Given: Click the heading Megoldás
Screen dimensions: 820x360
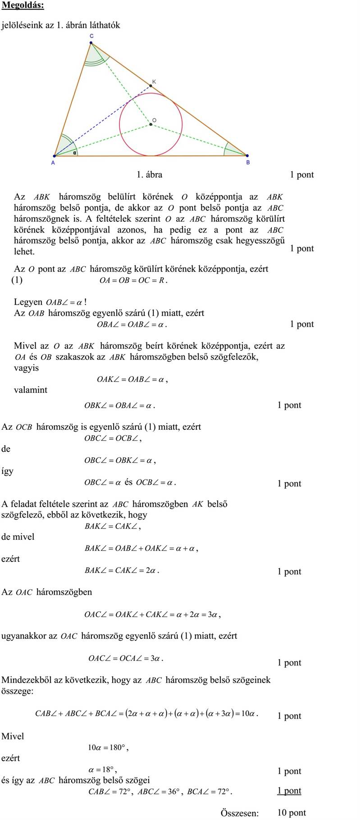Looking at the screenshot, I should pos(23,5).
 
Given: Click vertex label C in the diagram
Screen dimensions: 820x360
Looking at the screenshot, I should pos(91,36).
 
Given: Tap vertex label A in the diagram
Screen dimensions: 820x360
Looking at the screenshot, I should pos(53,163).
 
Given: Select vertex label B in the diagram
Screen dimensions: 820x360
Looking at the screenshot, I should pos(248,162).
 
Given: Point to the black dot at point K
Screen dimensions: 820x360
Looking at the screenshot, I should pos(151,86).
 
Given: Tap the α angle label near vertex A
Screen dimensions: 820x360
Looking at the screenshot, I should pos(74,152).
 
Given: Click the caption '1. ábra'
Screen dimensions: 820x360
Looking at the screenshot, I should pos(149,174).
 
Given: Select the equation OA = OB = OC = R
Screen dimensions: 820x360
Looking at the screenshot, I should pos(133,281).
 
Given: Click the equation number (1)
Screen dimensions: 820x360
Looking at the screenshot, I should pos(17,280).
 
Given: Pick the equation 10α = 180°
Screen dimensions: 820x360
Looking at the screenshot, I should pos(108,747).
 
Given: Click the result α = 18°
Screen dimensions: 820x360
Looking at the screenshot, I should pos(103,770).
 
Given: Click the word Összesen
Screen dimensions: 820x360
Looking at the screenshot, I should pos(240,813).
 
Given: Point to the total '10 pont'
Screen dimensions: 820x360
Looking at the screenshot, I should pos(291,812).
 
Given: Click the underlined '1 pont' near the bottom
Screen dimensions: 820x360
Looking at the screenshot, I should pos(289,790).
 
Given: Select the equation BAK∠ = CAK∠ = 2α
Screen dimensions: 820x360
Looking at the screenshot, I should pos(122,570).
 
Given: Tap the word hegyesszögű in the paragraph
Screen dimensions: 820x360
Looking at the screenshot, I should pos(261,240).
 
